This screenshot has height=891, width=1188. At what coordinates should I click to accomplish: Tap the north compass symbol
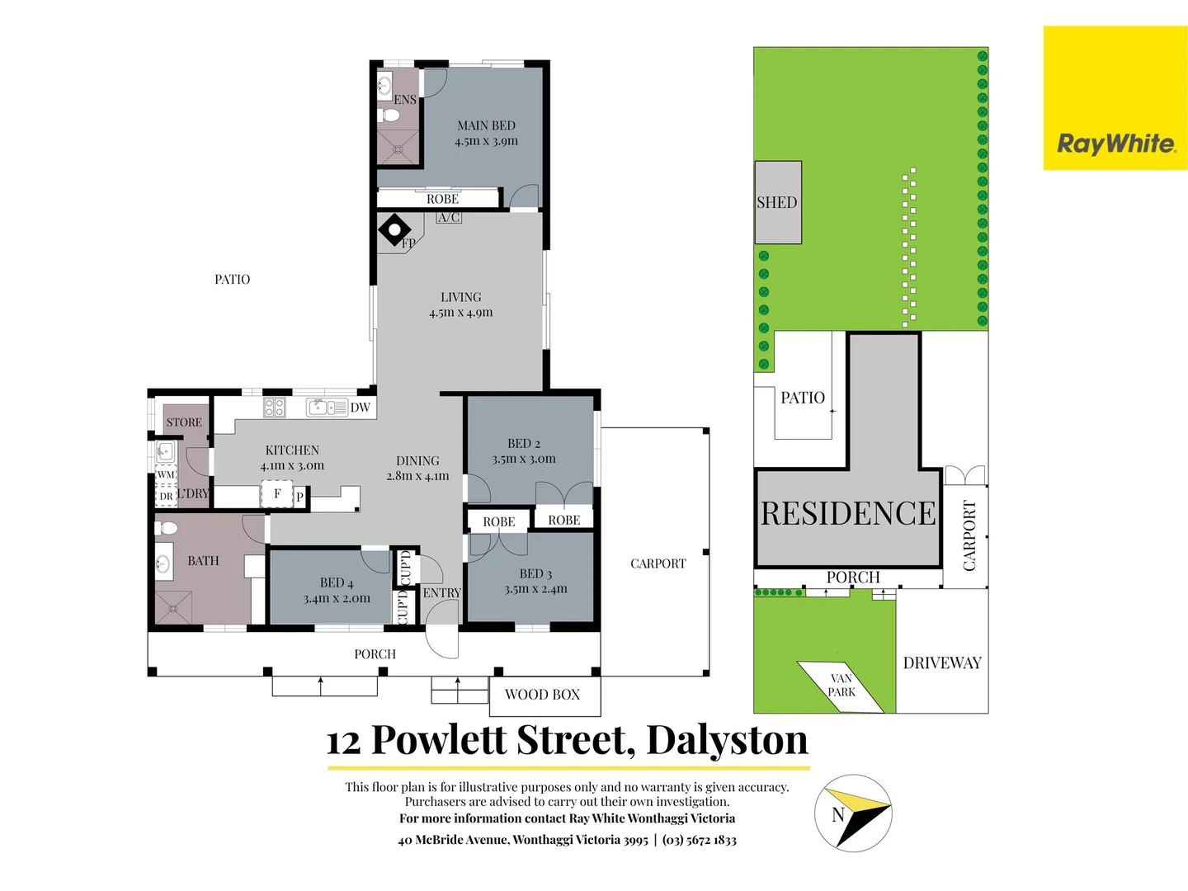[x=853, y=813]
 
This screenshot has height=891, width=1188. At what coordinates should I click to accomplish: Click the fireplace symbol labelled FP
[x=394, y=230]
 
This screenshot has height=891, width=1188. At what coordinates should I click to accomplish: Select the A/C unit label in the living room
[x=449, y=218]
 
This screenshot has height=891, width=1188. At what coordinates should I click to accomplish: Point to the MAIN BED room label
[x=486, y=125]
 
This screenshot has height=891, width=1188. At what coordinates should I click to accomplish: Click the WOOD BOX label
[x=542, y=695]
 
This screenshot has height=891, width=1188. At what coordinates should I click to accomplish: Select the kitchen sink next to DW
[x=328, y=407]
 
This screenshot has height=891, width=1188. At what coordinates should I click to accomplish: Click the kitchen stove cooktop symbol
[x=274, y=407]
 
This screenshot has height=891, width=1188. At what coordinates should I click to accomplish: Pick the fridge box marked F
[x=277, y=494]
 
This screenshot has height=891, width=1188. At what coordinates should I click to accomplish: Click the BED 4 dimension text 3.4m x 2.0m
[x=337, y=598]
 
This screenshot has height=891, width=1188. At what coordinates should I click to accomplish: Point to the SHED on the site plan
[x=777, y=202]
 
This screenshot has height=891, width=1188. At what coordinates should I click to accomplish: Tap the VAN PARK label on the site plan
[x=841, y=686]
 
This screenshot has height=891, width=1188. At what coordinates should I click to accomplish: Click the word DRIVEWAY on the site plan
[x=942, y=663]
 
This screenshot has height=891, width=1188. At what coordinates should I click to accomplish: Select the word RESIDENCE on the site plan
[x=848, y=513]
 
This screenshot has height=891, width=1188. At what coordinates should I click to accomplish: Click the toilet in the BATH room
[x=167, y=527]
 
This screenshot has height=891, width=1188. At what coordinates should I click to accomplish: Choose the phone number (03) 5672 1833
[x=699, y=840]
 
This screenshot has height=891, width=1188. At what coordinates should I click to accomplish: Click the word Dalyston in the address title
[x=727, y=740]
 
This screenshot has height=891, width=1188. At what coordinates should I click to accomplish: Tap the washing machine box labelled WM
[x=166, y=474]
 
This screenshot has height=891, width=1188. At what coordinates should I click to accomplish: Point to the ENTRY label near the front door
[x=441, y=592]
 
